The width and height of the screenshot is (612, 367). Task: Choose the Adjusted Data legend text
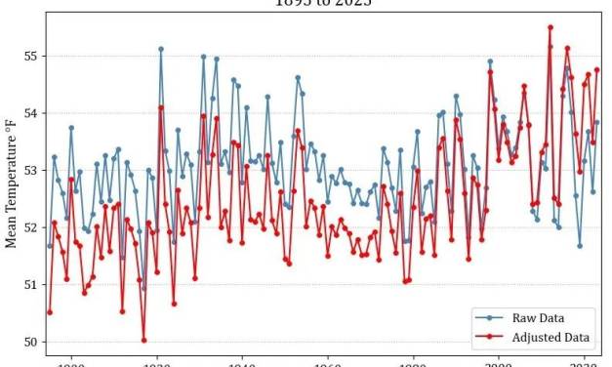click(551, 337)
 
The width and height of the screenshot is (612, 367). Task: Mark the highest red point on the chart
click(551, 27)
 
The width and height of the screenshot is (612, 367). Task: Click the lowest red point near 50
click(143, 341)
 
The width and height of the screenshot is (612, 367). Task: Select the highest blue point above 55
click(161, 49)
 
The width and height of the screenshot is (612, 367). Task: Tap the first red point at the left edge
click(50, 312)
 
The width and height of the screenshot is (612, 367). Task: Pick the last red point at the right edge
click(597, 69)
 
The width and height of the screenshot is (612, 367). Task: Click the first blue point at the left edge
click(50, 246)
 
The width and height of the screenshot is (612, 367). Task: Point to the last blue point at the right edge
click(597, 122)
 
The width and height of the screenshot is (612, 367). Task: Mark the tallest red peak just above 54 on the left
click(161, 107)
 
